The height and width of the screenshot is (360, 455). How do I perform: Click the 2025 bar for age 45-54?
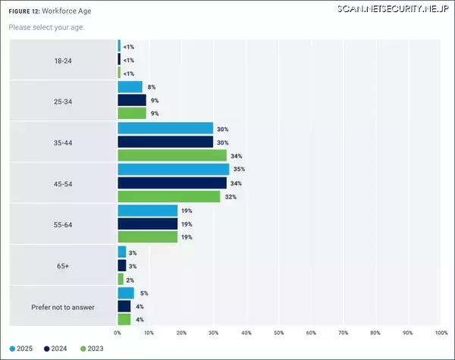(173, 169)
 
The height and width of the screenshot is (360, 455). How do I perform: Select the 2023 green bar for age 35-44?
(171, 155)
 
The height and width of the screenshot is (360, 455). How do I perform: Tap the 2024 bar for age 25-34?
(132, 100)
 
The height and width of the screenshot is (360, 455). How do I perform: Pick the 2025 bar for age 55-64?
(147, 210)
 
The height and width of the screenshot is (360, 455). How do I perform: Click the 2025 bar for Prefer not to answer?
(125, 293)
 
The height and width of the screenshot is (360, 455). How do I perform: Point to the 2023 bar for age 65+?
(121, 279)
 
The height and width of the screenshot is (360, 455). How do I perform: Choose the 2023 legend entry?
(91, 349)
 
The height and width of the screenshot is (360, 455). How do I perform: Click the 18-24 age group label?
(62, 59)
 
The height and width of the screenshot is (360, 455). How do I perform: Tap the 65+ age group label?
(62, 265)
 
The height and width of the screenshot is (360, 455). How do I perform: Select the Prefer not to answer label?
(62, 306)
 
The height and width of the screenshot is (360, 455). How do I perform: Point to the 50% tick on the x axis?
(278, 333)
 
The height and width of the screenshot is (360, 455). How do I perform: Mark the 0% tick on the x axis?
(118, 333)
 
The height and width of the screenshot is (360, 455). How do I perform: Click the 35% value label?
(238, 169)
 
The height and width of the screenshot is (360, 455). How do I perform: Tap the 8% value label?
(151, 87)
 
